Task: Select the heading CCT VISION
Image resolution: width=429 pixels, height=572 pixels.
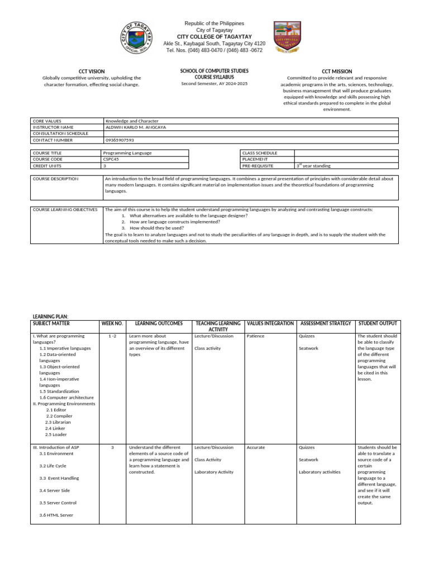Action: (92, 71)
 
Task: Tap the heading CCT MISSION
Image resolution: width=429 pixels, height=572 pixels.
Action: (337, 71)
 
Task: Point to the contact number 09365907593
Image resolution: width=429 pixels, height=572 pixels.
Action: (120, 140)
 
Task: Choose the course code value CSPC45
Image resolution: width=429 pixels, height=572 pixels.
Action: (112, 159)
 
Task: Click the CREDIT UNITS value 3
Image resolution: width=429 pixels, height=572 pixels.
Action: (105, 166)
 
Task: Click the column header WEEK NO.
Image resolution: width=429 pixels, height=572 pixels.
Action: (112, 323)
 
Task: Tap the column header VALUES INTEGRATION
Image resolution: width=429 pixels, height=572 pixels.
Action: (270, 323)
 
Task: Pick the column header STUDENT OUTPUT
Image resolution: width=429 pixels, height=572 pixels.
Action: (378, 323)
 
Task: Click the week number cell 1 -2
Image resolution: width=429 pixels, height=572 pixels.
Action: (112, 336)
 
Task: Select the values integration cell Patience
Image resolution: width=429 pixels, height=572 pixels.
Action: (255, 336)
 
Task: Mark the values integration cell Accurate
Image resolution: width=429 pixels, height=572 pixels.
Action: (256, 447)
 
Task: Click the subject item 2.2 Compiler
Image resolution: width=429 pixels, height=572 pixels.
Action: (59, 416)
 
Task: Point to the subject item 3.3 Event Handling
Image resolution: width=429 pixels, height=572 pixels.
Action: (59, 478)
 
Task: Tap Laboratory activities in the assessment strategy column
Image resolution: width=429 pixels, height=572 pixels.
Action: (320, 472)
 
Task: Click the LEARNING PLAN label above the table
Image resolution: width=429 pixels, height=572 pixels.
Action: (50, 317)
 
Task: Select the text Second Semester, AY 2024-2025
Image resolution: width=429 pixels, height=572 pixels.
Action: (214, 84)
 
